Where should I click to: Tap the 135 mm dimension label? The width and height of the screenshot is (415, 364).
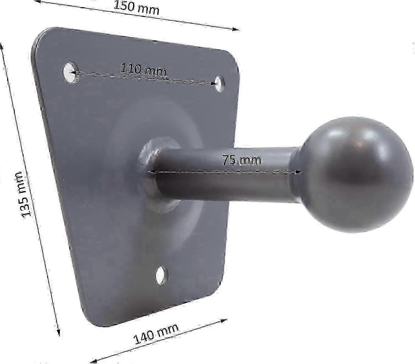pyautogui.click(x=23, y=194)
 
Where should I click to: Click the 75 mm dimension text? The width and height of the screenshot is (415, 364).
pyautogui.click(x=242, y=160)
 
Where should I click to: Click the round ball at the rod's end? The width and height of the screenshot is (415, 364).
pyautogui.click(x=357, y=178)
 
